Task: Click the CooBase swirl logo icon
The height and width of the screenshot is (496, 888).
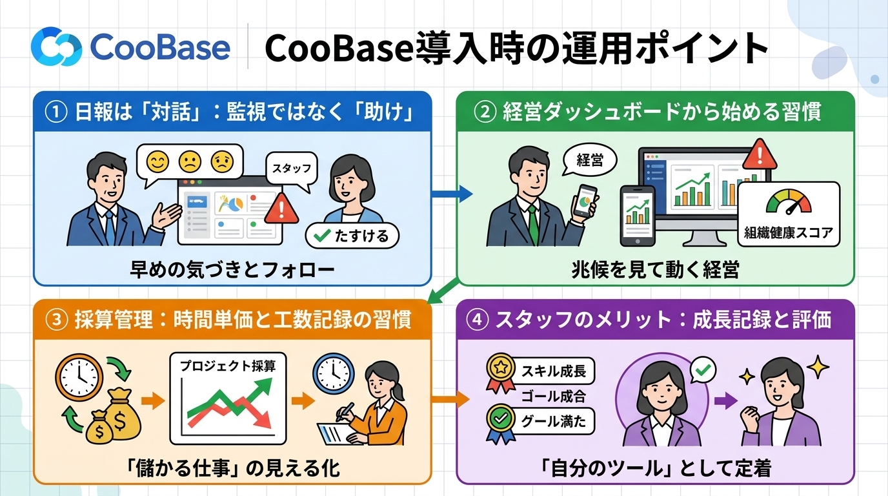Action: pos(56,46)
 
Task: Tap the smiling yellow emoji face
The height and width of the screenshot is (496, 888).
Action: pos(157,162)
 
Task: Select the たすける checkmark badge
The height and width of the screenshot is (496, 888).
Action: pos(352,236)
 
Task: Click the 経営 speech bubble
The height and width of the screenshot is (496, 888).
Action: pos(589,160)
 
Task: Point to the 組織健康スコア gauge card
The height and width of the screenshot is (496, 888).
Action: pos(789,214)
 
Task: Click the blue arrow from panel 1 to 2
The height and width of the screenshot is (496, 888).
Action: pos(452,194)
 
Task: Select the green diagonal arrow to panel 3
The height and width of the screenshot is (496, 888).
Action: pos(444,291)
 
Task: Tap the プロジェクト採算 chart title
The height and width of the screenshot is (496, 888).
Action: pos(228,366)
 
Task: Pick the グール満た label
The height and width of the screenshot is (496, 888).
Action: pos(554,421)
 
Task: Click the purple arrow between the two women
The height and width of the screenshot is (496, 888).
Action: pos(726,400)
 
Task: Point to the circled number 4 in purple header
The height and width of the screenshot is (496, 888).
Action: pos(478,320)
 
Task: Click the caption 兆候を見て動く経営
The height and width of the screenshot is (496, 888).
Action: pos(655,270)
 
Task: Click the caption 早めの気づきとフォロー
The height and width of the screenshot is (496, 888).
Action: pos(232,270)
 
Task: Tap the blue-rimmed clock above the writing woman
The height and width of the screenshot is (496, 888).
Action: pos(334,373)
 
